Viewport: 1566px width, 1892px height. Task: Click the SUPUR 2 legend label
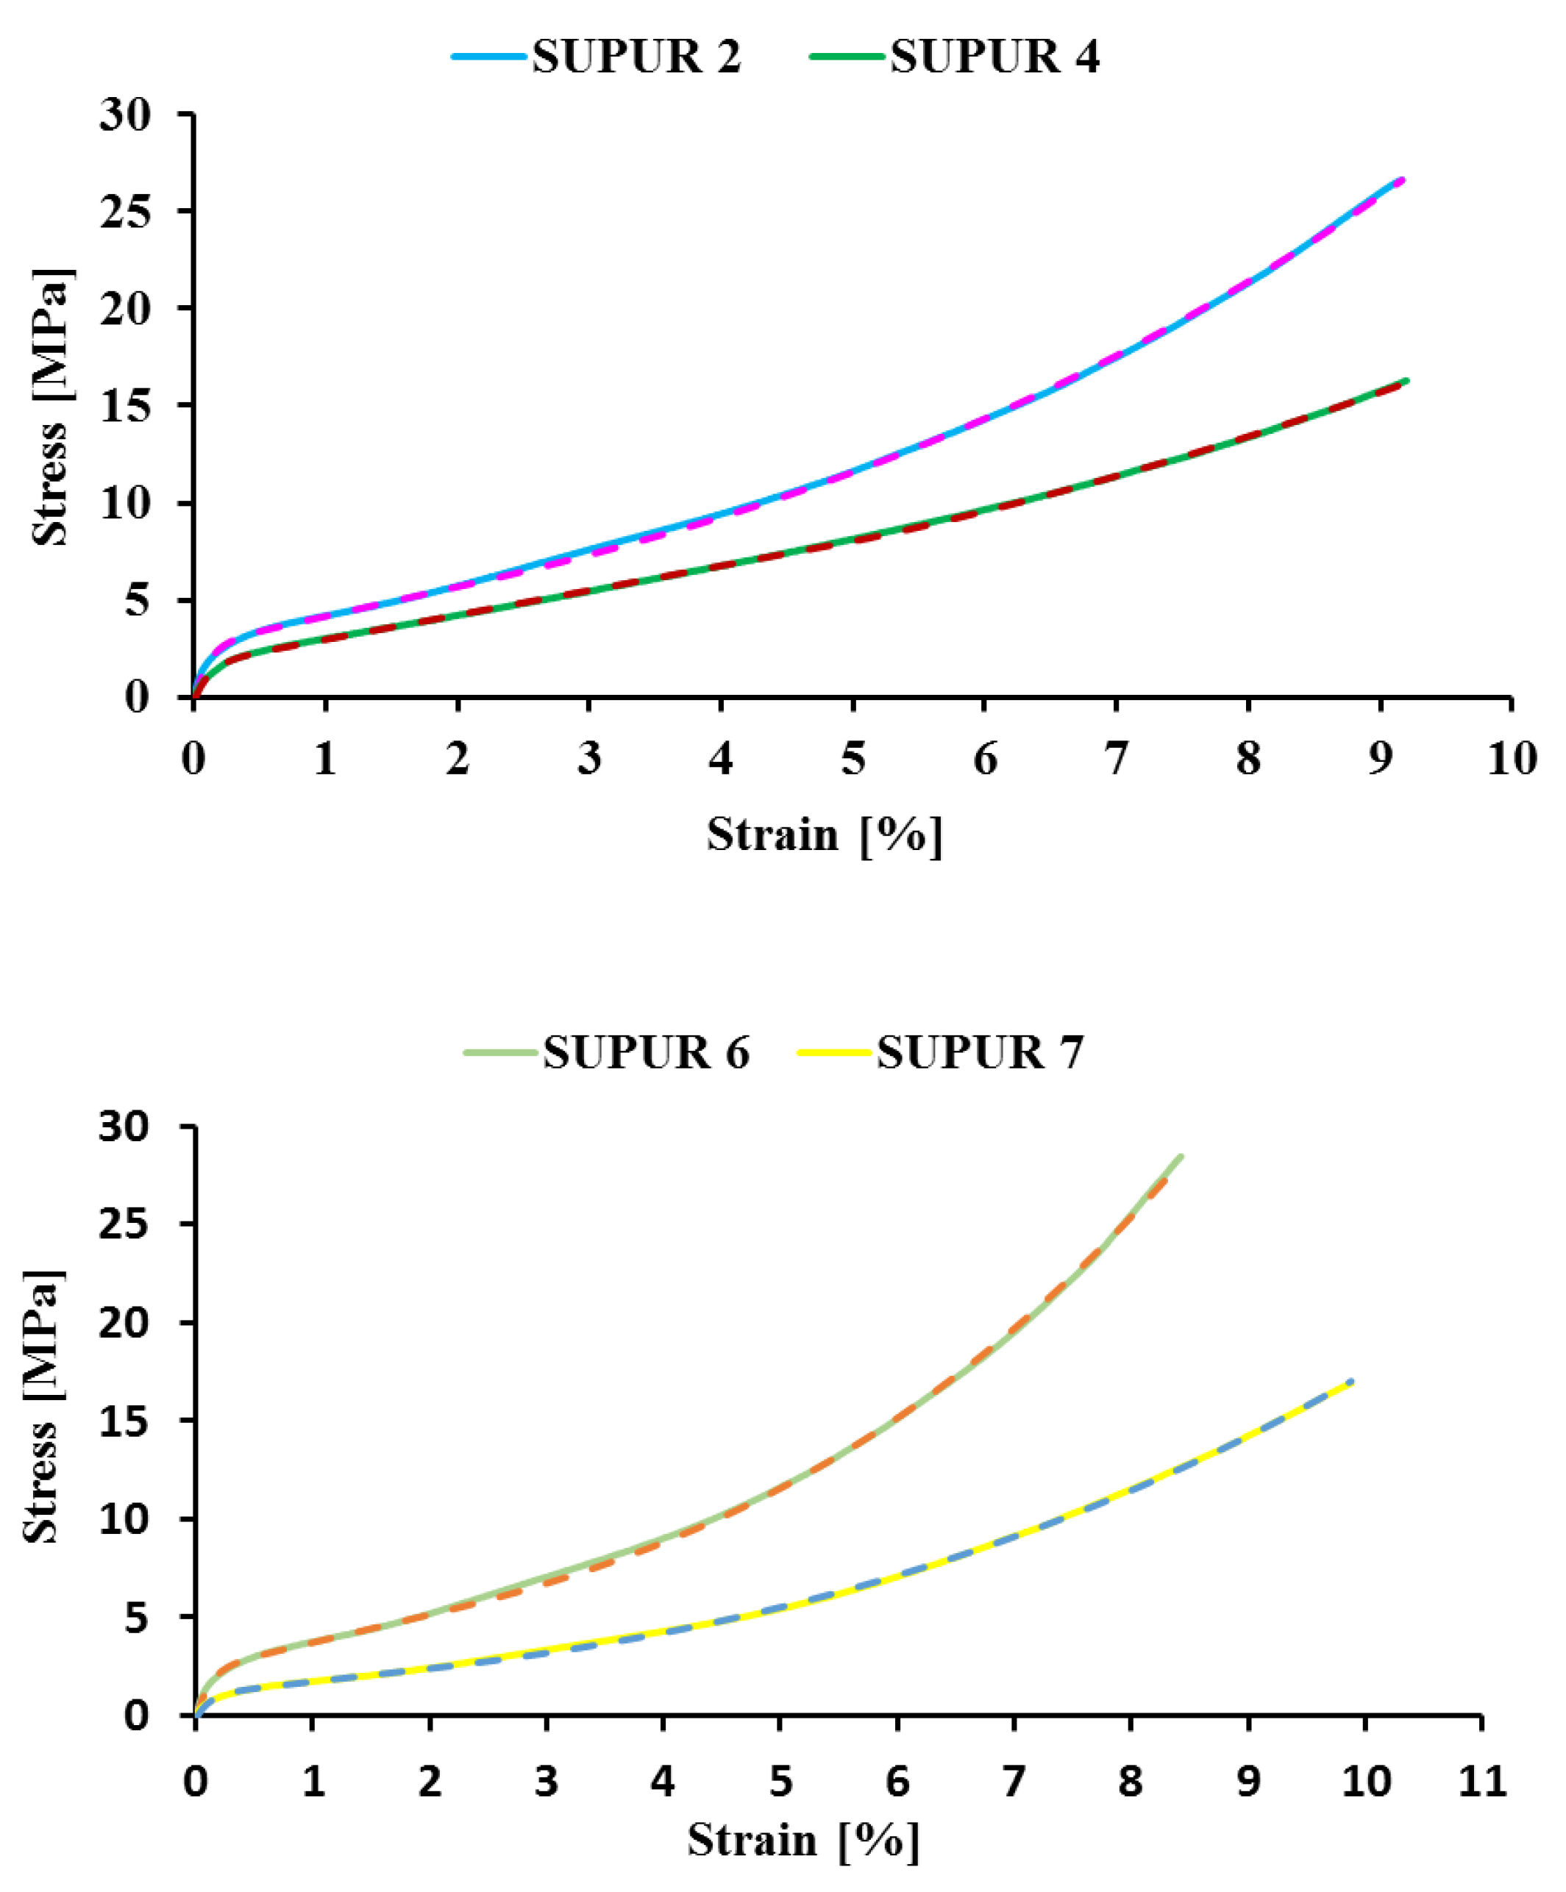pyautogui.click(x=636, y=57)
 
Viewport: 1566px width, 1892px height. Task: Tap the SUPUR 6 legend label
pyautogui.click(x=646, y=1052)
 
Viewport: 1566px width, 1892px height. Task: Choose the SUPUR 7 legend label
pyautogui.click(x=980, y=1052)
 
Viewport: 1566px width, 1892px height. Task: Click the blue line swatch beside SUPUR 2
pyautogui.click(x=489, y=57)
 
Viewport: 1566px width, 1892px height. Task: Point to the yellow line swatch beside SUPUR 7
pyautogui.click(x=836, y=1052)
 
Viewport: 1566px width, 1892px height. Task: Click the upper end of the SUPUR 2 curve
pyautogui.click(x=1401, y=180)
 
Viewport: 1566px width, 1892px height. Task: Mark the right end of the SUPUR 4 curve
pyautogui.click(x=1406, y=381)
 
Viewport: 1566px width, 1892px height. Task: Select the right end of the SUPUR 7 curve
pyautogui.click(x=1350, y=1382)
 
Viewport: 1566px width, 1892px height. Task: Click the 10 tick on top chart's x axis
pyautogui.click(x=1511, y=759)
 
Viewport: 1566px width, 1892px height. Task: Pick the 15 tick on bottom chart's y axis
pyautogui.click(x=124, y=1421)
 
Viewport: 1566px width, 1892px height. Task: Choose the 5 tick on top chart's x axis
pyautogui.click(x=853, y=759)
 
